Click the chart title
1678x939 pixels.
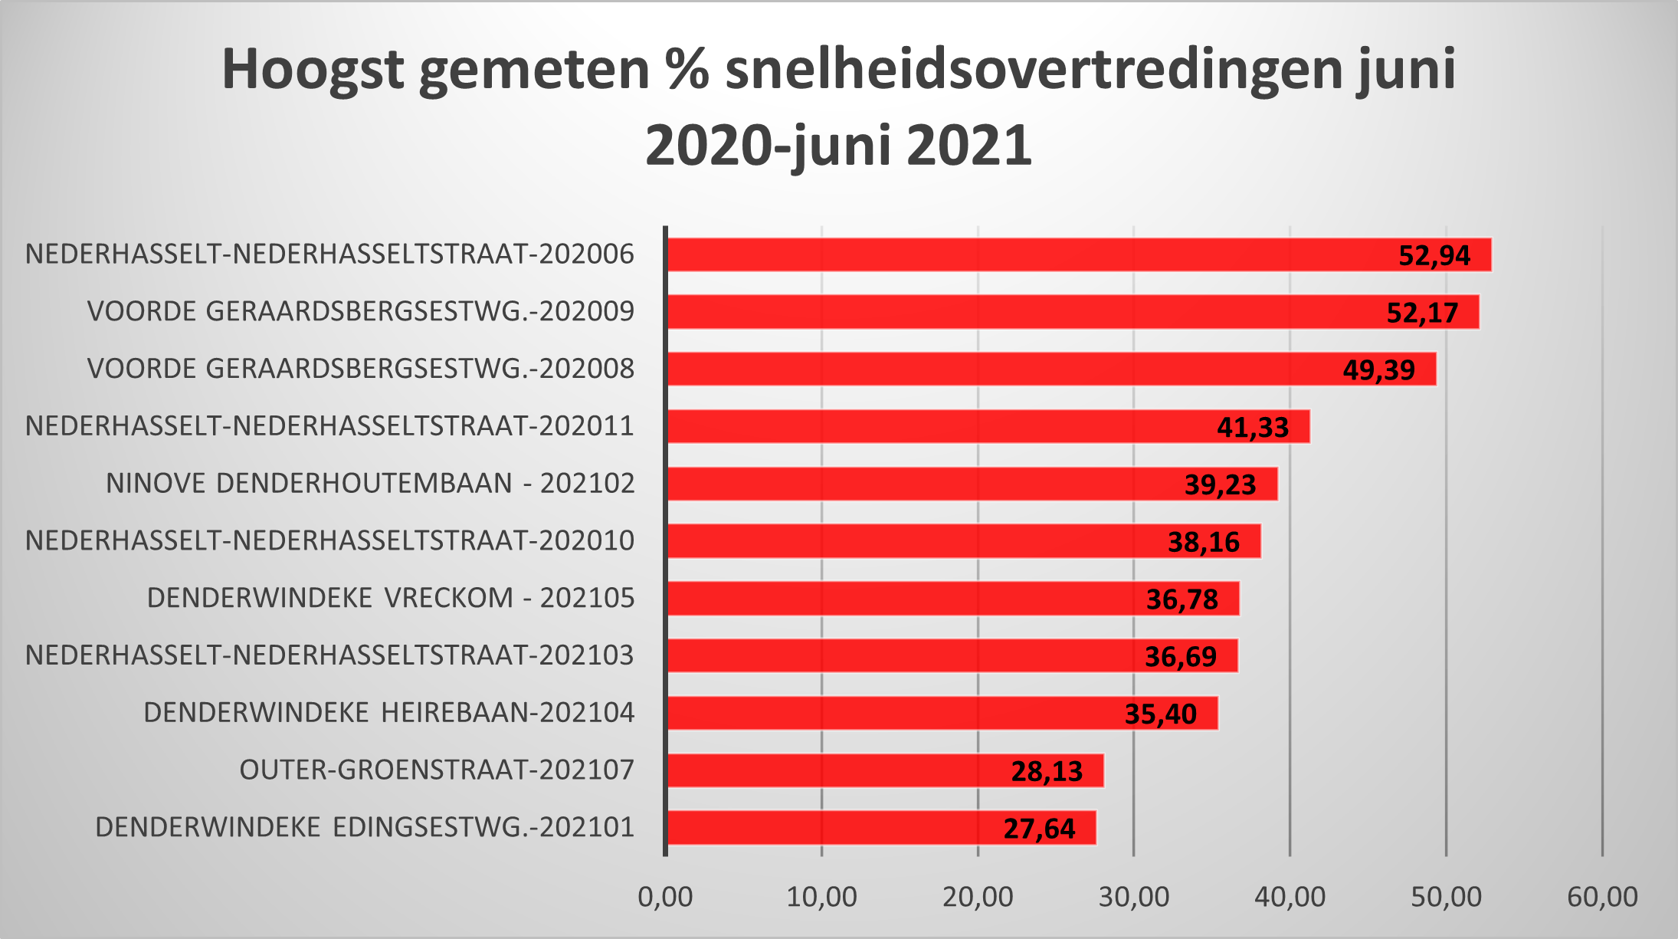(x=838, y=107)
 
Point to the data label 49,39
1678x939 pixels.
(x=1378, y=370)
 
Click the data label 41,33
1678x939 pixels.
(x=1253, y=427)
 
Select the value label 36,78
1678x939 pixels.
(x=1181, y=599)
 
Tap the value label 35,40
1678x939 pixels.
(x=1160, y=714)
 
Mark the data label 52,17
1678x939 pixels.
(x=1422, y=313)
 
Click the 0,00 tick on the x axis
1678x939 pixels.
(x=665, y=897)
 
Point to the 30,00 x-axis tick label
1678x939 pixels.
(x=1133, y=897)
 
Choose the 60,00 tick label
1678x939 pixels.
(x=1602, y=897)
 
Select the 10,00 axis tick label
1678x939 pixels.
(x=821, y=897)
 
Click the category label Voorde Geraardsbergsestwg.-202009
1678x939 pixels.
(x=361, y=311)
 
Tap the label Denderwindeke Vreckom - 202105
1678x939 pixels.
(x=391, y=598)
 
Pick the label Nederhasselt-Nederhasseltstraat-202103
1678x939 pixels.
(x=329, y=655)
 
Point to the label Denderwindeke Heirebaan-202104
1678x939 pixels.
(x=389, y=713)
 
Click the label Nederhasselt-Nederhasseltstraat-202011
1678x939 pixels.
(x=329, y=425)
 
